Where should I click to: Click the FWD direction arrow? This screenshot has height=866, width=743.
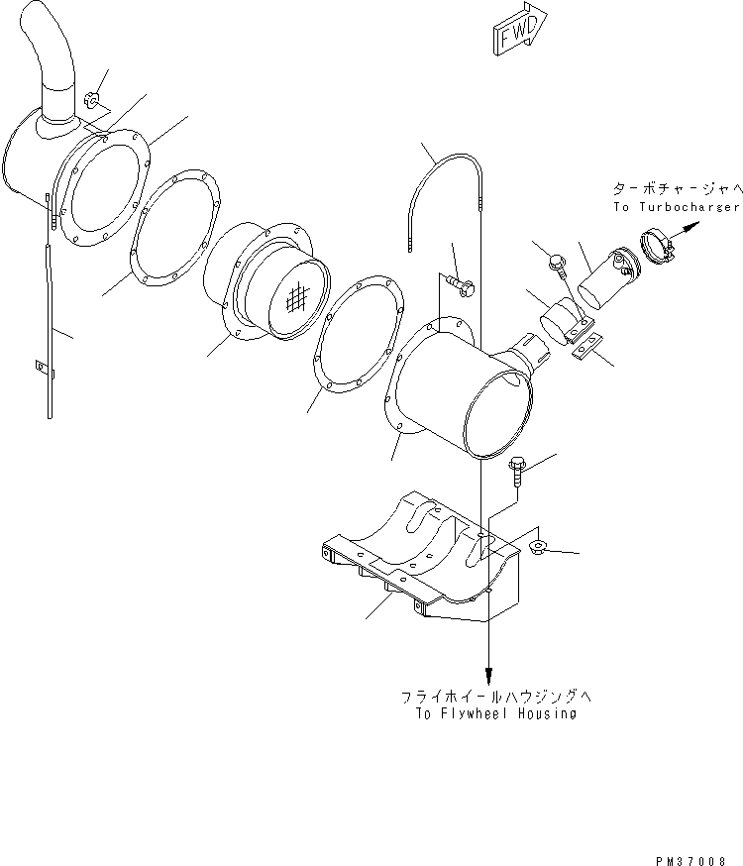(515, 33)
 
